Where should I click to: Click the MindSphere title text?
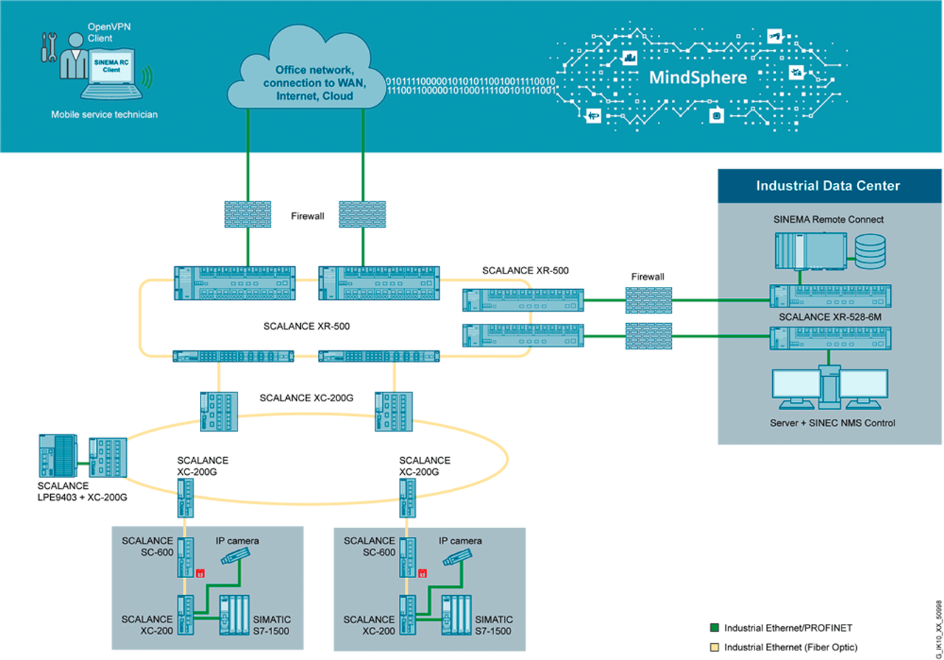pos(698,77)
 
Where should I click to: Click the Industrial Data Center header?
pos(827,186)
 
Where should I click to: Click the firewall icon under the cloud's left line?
pos(248,214)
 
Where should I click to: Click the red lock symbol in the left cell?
pos(200,573)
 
